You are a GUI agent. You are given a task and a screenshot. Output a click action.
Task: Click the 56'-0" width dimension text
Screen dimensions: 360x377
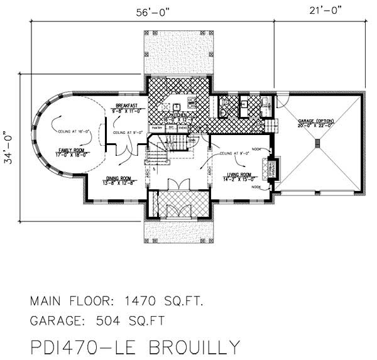coord(152,11)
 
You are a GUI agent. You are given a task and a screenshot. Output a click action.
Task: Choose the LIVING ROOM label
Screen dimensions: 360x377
coord(238,176)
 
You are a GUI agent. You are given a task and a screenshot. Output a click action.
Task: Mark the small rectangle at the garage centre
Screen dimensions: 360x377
coord(318,144)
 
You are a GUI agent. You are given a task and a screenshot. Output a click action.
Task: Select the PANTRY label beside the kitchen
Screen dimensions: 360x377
coord(157,128)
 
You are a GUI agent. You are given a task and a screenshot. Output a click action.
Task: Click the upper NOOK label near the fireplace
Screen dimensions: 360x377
coord(256,150)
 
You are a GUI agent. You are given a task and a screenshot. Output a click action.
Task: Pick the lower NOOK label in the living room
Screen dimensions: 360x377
coord(256,187)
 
